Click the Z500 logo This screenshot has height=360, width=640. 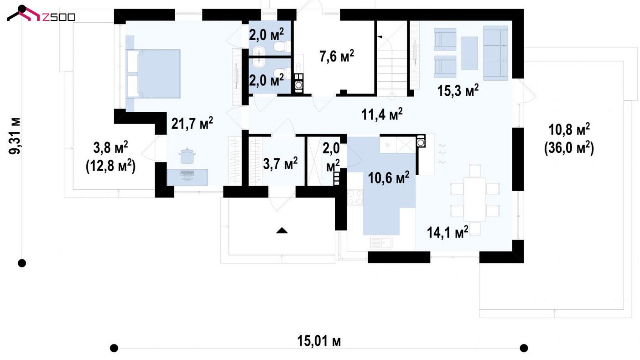click(x=41, y=14)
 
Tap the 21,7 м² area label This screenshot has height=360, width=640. click(x=192, y=123)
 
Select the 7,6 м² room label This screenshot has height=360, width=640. click(x=337, y=56)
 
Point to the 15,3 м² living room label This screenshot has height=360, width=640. click(x=458, y=90)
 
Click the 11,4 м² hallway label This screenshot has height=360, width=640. click(x=382, y=114)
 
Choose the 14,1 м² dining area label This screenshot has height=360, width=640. click(x=447, y=232)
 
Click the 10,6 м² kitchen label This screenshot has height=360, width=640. click(x=388, y=177)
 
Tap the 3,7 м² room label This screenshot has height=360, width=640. click(x=280, y=163)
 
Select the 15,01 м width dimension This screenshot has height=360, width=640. click(x=319, y=341)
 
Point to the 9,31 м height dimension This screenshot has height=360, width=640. click(x=14, y=136)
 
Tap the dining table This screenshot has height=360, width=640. click(x=474, y=199)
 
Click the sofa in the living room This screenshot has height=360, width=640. click(x=495, y=53)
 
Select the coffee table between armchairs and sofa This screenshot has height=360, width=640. click(x=469, y=53)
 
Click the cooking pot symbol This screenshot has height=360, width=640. click(x=187, y=156)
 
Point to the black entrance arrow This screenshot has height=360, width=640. click(x=282, y=230)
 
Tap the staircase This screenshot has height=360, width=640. click(x=391, y=58)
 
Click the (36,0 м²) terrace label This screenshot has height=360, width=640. click(x=569, y=148)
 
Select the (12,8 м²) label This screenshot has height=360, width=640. click(x=110, y=166)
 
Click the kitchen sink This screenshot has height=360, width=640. click(x=381, y=243)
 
